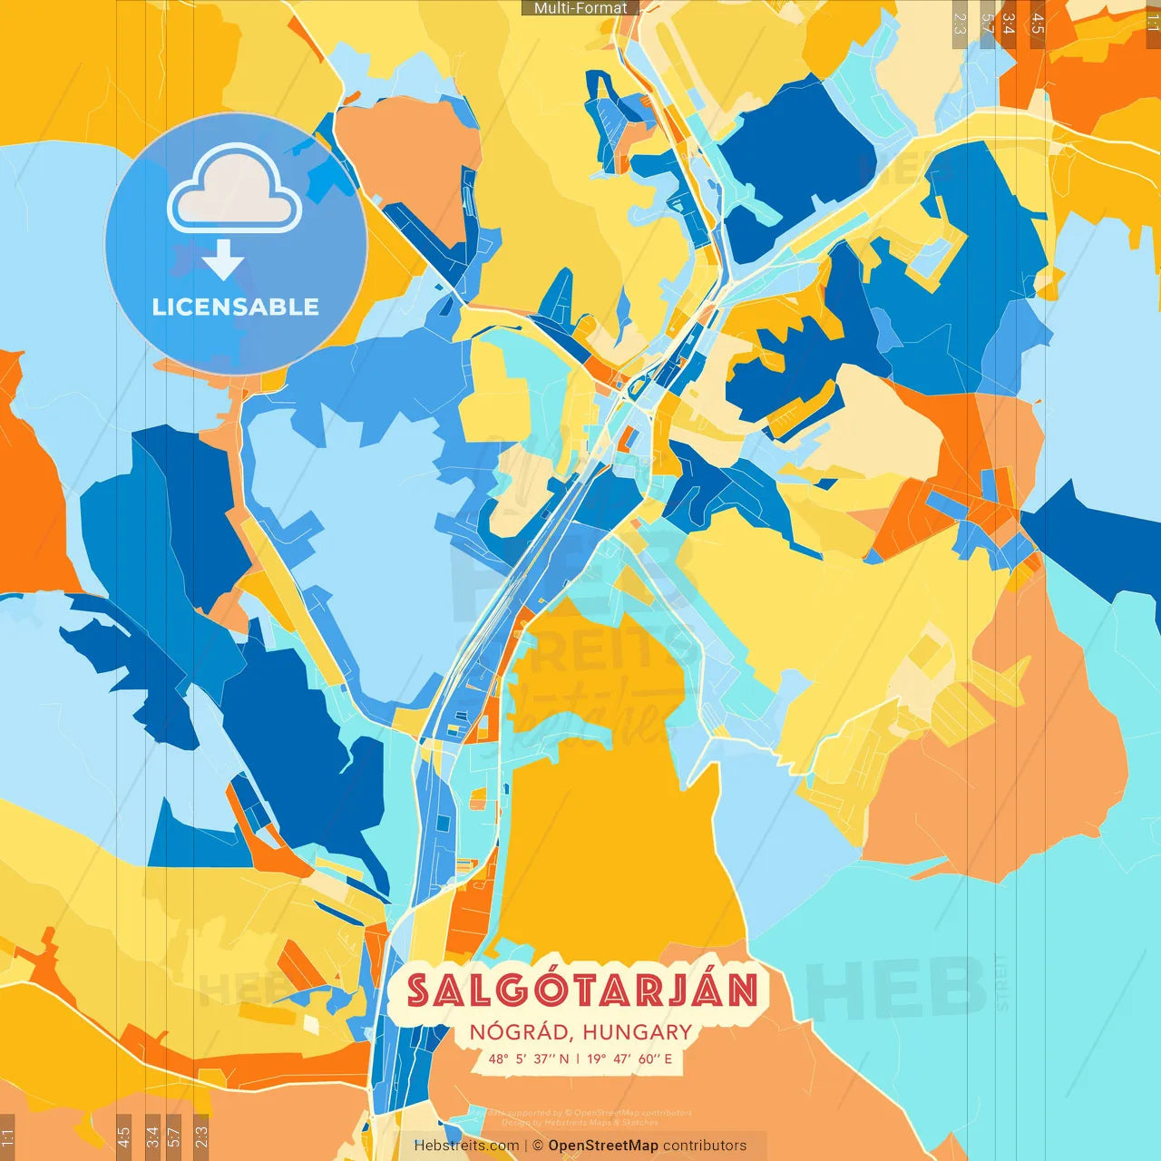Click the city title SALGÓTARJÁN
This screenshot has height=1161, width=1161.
pyautogui.click(x=581, y=990)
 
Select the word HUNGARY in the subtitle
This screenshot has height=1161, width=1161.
pyautogui.click(x=637, y=1032)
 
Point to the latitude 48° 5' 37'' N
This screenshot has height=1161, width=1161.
pyautogui.click(x=529, y=1059)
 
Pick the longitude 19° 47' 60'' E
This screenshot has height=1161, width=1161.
pyautogui.click(x=629, y=1059)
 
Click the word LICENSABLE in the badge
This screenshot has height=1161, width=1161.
pyautogui.click(x=236, y=307)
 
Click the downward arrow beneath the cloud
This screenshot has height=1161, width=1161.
pyautogui.click(x=223, y=260)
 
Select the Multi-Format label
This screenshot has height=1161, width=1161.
pyautogui.click(x=580, y=8)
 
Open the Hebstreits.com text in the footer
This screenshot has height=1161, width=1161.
pyautogui.click(x=466, y=1146)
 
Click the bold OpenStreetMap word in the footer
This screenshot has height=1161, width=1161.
pyautogui.click(x=603, y=1146)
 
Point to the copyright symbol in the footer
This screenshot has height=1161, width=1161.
pyautogui.click(x=538, y=1146)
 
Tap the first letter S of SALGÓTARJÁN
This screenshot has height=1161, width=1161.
pyautogui.click(x=418, y=990)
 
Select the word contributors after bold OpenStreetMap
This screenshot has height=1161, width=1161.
pyautogui.click(x=705, y=1146)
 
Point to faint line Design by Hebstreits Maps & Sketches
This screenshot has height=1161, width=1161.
pyautogui.click(x=580, y=1122)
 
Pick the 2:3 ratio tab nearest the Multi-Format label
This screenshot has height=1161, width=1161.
pyautogui.click(x=960, y=24)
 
